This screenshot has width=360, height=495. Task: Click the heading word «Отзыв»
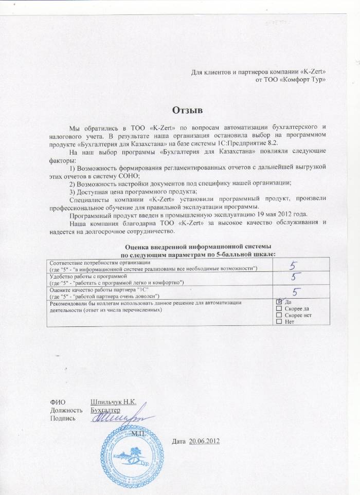[x=187, y=110]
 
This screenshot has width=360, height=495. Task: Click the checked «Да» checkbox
[x=279, y=302]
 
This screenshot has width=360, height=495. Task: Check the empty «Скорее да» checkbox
[x=279, y=308]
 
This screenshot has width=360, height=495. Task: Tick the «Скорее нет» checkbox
[x=279, y=315]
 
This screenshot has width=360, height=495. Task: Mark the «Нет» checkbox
[x=279, y=322]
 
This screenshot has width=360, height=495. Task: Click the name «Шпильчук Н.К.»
[x=113, y=402]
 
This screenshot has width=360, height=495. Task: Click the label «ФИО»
[x=57, y=402]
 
